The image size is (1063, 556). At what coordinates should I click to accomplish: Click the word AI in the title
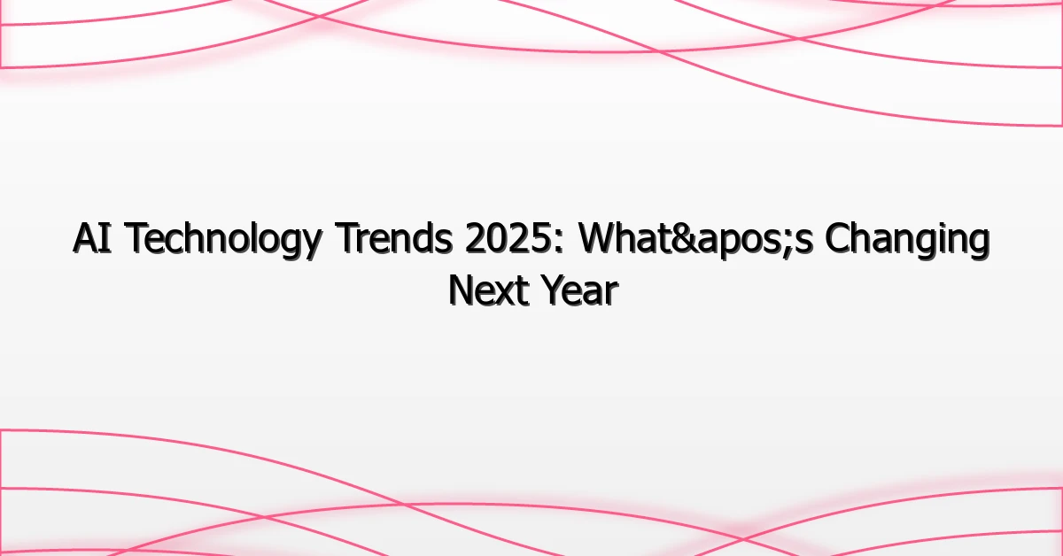click(x=92, y=241)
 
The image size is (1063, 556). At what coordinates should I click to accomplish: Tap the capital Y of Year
click(x=547, y=290)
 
